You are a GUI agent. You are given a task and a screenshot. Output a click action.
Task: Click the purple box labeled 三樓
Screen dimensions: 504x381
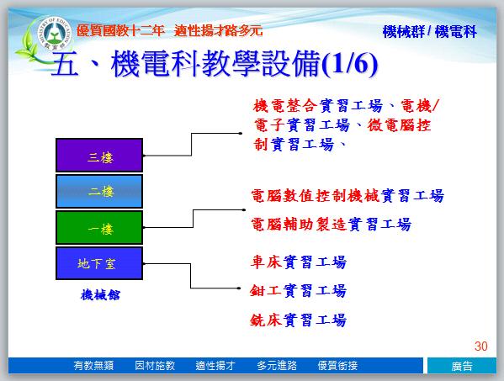[99, 155]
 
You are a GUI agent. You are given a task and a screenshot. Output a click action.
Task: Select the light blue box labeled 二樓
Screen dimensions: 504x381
[99, 191]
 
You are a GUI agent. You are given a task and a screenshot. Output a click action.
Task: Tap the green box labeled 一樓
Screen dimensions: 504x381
[99, 227]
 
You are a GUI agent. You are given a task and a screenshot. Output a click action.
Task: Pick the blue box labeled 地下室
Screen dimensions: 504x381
[99, 263]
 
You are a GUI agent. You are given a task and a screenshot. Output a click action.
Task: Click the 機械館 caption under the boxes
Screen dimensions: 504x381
[100, 294]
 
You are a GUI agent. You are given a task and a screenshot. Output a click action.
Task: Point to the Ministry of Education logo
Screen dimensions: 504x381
[54, 34]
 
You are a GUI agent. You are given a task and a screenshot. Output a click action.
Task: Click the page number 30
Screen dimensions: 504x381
[480, 347]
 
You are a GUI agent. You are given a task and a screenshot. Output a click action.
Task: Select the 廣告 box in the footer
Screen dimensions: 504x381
[462, 366]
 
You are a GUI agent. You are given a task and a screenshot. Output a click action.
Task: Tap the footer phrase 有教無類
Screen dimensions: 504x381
[93, 366]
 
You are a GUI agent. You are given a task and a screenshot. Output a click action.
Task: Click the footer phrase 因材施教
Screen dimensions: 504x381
[155, 366]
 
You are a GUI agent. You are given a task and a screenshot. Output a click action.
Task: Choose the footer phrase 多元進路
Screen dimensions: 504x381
[277, 366]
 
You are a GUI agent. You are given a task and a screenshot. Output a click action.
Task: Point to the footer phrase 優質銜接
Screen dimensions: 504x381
[337, 366]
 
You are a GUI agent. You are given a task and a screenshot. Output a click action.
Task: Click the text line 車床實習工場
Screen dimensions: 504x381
[299, 262]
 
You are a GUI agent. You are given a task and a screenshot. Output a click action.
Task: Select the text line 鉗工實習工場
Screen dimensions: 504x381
[299, 291]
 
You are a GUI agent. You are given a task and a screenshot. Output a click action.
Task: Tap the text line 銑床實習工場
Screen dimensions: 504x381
[299, 320]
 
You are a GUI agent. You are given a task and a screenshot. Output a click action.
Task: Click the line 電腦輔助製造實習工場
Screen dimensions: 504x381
[331, 225]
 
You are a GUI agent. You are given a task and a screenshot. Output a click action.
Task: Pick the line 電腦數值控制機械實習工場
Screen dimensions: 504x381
[347, 196]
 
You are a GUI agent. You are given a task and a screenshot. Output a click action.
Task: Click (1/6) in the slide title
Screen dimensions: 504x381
[350, 64]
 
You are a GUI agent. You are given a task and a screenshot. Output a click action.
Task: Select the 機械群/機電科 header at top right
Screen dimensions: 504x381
[430, 32]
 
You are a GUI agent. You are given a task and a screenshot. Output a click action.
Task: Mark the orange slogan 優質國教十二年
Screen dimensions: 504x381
[120, 31]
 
